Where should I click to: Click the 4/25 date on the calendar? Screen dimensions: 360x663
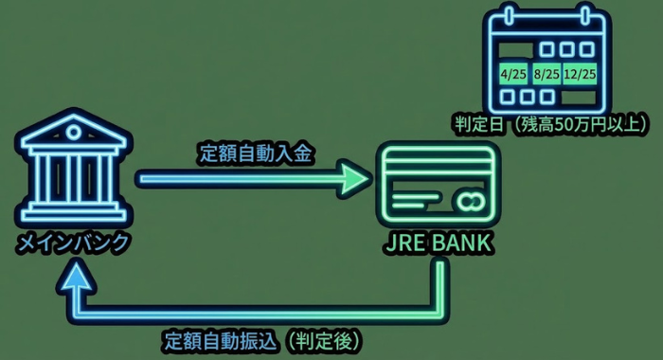click(513, 72)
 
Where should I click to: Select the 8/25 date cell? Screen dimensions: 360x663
click(547, 72)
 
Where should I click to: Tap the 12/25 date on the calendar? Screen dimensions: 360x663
click(579, 72)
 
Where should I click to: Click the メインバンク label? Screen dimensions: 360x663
click(73, 243)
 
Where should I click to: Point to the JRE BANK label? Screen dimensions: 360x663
click(437, 243)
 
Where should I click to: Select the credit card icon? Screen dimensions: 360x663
click(437, 183)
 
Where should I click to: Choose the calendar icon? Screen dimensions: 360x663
click(547, 59)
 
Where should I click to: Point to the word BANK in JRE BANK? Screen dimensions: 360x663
click(461, 243)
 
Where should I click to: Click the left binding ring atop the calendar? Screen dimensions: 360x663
click(509, 17)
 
